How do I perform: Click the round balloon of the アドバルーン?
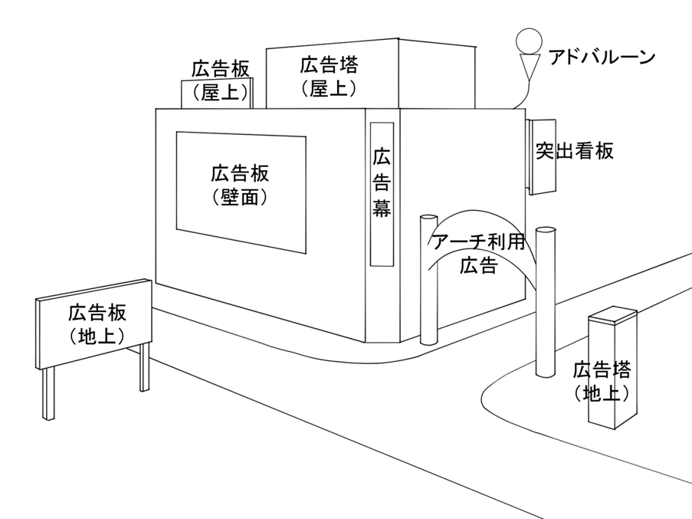click(x=529, y=41)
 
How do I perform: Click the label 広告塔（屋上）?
click(x=330, y=77)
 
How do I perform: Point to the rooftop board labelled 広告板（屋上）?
click(x=217, y=93)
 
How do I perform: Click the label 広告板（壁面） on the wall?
click(x=240, y=185)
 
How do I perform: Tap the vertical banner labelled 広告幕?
click(x=382, y=195)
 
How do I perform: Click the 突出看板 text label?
click(x=575, y=150)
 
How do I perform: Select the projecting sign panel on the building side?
click(x=542, y=156)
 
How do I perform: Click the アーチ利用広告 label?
click(x=479, y=254)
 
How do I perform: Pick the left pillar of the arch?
click(x=428, y=279)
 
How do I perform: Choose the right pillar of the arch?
click(x=546, y=301)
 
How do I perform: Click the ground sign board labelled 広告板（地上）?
click(x=93, y=324)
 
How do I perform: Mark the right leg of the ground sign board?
click(x=144, y=367)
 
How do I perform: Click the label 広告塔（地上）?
click(x=602, y=381)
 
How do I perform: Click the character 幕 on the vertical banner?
click(x=382, y=208)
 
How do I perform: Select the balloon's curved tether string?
click(x=522, y=94)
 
